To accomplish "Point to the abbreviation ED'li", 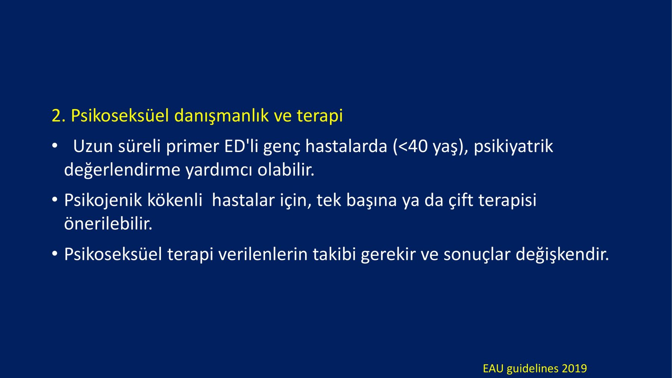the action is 241,146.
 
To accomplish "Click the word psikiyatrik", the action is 513,146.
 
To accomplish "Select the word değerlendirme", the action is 122,170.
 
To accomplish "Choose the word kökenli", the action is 175,200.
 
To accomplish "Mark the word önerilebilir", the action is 108,224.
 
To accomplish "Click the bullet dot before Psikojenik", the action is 55,200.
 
